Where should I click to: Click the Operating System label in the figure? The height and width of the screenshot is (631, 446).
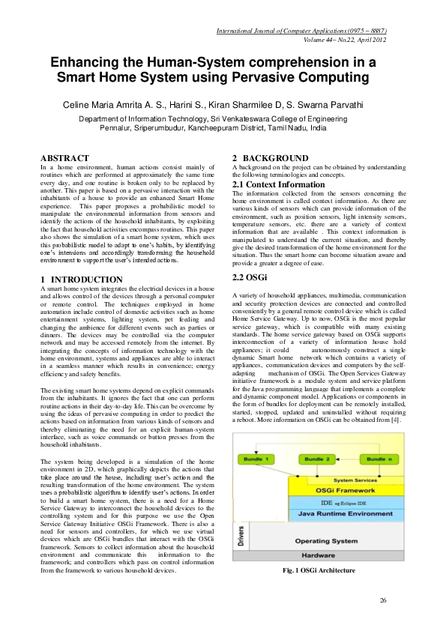tap(331, 540)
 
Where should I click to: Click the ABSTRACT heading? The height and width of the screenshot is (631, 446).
tap(64, 158)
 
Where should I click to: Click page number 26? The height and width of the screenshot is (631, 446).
tap(383, 600)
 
